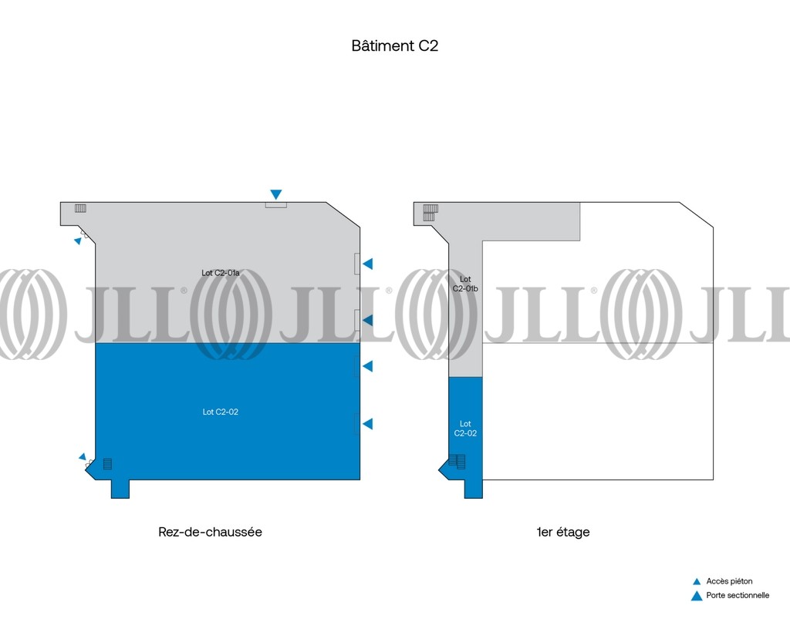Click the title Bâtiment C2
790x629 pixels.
[x=394, y=45]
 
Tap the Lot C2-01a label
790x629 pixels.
[x=220, y=273]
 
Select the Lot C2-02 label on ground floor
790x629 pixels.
[x=220, y=412]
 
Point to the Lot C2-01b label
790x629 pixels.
[x=465, y=284]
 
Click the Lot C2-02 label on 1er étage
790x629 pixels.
[x=465, y=429]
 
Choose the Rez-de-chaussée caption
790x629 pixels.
[x=210, y=532]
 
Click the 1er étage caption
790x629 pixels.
[x=562, y=532]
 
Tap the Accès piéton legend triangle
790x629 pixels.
[x=697, y=582]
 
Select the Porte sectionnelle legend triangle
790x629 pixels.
[x=697, y=597]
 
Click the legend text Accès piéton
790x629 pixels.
[x=729, y=581]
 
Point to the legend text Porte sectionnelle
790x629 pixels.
[x=738, y=595]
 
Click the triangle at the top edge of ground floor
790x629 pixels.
[x=275, y=194]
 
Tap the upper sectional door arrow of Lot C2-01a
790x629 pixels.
[x=368, y=264]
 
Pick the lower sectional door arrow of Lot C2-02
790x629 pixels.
[x=368, y=424]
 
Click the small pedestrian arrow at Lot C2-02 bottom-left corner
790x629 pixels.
[x=83, y=457]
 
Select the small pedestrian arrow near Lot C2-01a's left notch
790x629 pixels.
[x=78, y=241]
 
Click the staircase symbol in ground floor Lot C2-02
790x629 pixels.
[x=107, y=463]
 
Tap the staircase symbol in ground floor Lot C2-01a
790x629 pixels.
[x=80, y=208]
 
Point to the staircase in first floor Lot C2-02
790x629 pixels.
[x=457, y=462]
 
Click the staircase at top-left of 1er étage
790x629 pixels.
[x=430, y=212]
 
